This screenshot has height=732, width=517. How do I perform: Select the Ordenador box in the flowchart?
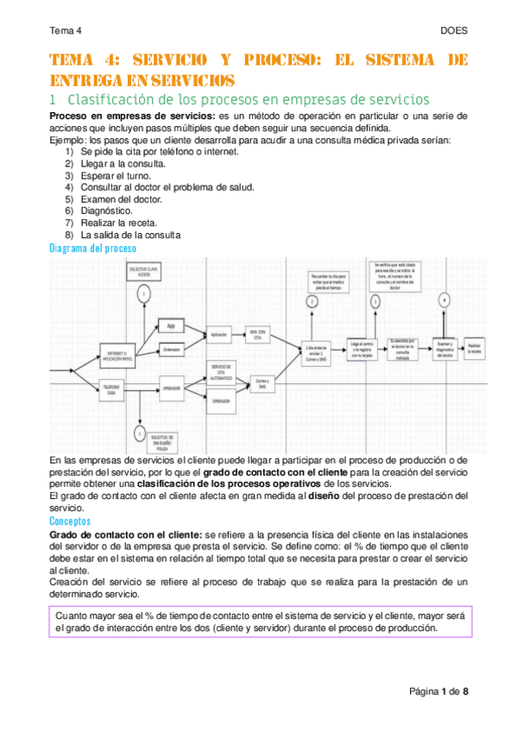coord(172,349)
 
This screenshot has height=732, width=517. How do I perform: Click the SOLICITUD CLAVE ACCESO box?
coord(142,272)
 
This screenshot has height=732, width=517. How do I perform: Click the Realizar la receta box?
coord(475,348)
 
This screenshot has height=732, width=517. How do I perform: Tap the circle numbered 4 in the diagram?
coord(444,300)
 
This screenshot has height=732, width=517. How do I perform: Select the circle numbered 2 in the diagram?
coord(312,301)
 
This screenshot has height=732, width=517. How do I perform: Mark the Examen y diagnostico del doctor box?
coord(444,348)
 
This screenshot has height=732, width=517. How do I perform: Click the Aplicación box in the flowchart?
coord(219,333)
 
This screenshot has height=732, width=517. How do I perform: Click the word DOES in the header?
coord(454,30)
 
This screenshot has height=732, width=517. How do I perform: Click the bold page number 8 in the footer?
coord(466,692)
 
